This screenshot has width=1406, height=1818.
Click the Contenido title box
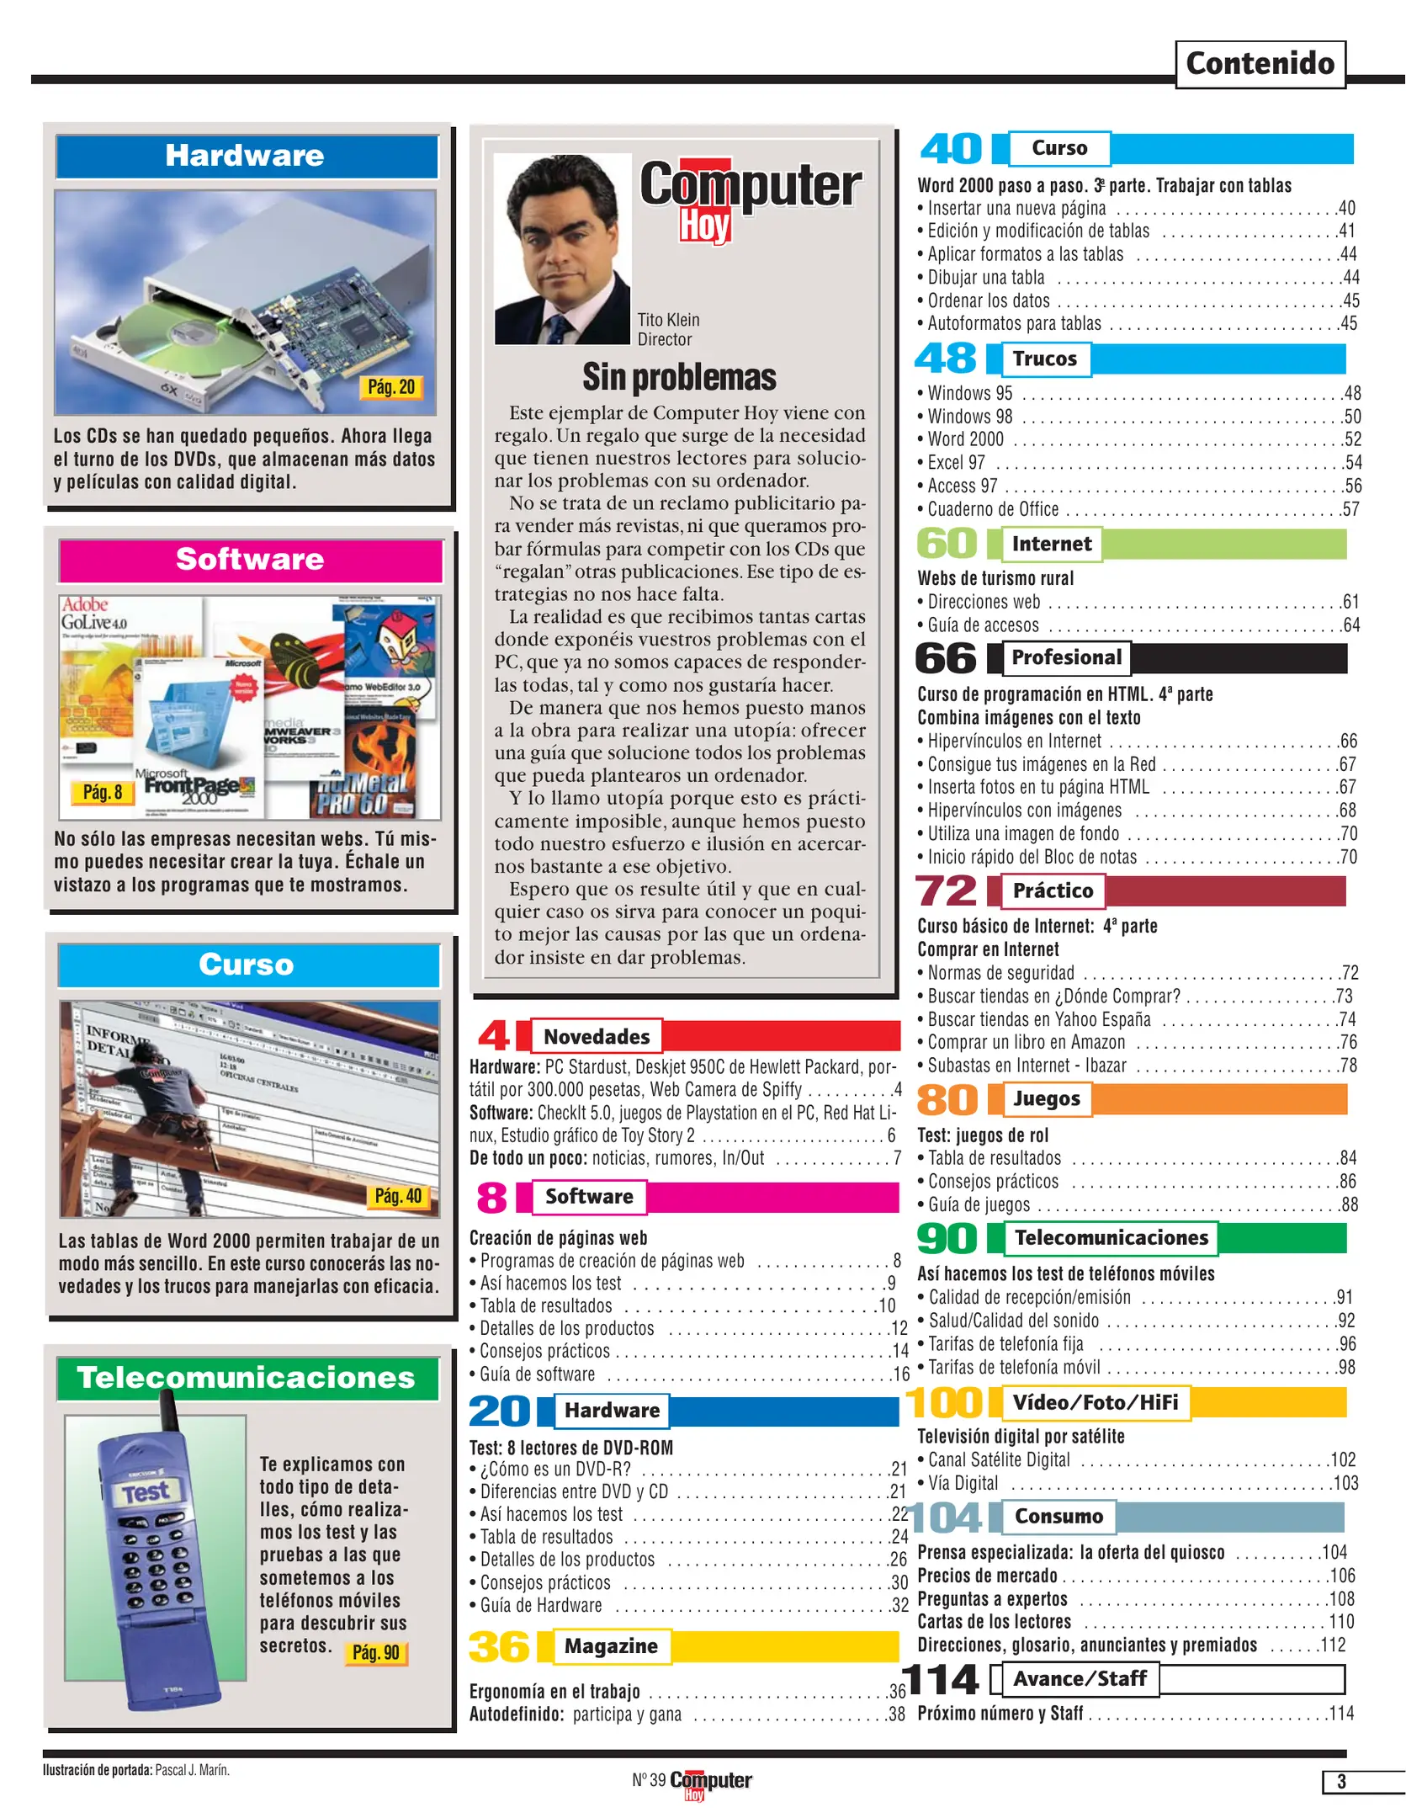point(1259,64)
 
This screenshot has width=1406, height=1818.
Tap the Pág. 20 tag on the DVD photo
point(391,387)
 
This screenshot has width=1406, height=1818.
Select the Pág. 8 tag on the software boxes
point(102,792)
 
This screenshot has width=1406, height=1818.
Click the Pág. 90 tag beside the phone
point(375,1652)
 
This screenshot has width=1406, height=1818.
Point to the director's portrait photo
point(561,249)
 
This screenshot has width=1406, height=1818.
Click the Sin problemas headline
point(679,378)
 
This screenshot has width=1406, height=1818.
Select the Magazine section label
point(611,1646)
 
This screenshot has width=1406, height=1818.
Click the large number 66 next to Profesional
point(947,658)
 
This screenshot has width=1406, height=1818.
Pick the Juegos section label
point(1047,1098)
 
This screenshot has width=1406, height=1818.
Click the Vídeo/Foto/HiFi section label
point(1095,1402)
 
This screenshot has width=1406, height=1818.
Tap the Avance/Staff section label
point(1080,1679)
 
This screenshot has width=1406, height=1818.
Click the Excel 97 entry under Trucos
point(957,463)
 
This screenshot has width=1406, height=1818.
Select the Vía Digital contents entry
point(963,1483)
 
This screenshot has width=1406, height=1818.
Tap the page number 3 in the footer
point(1341,1782)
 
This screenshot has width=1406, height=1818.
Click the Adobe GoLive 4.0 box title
point(93,614)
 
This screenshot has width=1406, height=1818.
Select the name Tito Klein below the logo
point(668,320)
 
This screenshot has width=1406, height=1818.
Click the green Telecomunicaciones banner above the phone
point(247,1378)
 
